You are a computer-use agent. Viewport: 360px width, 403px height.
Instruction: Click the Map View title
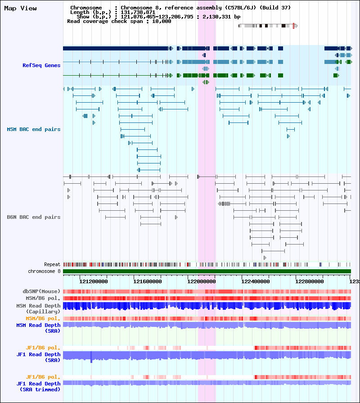tap(20, 9)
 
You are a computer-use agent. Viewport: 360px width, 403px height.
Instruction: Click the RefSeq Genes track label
tap(41, 65)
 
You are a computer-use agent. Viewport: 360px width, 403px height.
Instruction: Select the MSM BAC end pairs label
tap(34, 129)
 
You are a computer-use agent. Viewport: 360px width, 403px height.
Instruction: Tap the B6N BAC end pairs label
tap(34, 217)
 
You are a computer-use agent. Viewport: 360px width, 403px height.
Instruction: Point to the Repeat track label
tap(52, 264)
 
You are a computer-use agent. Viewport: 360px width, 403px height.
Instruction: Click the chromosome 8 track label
tap(44, 271)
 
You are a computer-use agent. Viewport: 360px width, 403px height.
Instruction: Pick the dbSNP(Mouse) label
tap(41, 291)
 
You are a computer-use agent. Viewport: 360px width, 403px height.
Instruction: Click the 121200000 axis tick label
tap(94, 281)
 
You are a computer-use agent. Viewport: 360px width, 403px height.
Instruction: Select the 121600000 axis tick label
tap(148, 281)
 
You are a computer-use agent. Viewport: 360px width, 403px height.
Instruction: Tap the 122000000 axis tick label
tap(201, 281)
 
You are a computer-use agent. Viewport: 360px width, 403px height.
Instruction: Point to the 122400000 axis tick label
tap(256, 281)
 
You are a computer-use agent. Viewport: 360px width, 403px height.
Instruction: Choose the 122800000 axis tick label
tap(310, 281)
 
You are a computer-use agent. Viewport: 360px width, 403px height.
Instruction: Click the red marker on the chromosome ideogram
tap(293, 26)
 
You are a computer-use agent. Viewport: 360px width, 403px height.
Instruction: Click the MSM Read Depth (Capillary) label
tap(38, 308)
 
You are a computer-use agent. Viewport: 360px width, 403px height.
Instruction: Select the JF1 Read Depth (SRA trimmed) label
tap(38, 386)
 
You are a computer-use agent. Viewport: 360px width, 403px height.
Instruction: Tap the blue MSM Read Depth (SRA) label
tap(38, 328)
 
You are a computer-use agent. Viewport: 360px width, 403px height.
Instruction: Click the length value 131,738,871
tap(138, 12)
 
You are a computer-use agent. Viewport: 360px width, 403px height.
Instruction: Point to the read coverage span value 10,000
tap(162, 21)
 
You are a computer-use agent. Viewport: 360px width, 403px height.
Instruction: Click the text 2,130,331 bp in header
tap(221, 17)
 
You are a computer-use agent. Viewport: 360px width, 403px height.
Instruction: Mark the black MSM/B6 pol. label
tap(43, 298)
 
